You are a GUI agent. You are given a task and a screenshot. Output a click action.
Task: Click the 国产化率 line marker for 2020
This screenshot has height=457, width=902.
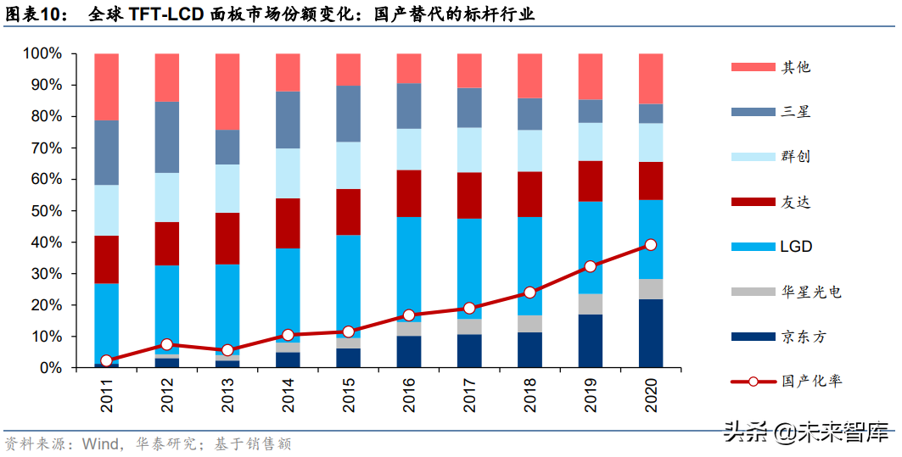click(651, 244)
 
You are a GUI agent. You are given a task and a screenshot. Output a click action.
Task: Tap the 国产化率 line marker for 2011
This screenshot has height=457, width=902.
click(106, 361)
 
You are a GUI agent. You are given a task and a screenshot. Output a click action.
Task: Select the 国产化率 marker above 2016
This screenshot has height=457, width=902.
click(409, 315)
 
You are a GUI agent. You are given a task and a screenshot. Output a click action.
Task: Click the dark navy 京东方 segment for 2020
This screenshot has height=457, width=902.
click(651, 333)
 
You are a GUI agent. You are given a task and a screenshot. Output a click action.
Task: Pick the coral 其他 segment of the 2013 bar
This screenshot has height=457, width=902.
click(227, 92)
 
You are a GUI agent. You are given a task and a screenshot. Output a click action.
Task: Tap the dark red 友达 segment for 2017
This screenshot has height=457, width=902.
click(469, 195)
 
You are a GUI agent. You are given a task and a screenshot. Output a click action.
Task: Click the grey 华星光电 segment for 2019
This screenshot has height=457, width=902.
click(591, 304)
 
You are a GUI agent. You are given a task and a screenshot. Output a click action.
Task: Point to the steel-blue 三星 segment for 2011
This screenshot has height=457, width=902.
click(106, 153)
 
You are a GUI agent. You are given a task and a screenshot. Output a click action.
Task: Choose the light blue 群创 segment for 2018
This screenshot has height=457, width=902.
click(530, 151)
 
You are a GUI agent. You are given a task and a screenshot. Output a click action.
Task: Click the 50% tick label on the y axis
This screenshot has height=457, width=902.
click(42, 211)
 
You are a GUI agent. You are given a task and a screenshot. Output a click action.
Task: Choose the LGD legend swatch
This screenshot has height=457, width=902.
click(750, 247)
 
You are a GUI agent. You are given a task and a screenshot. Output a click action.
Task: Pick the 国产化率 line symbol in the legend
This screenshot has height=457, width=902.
click(751, 382)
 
